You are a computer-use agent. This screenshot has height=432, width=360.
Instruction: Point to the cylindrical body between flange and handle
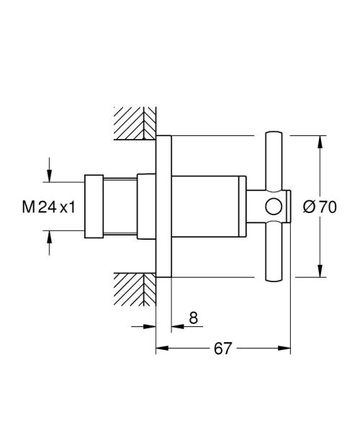tap(209, 207)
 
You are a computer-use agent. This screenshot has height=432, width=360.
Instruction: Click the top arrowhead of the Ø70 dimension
tap(320, 140)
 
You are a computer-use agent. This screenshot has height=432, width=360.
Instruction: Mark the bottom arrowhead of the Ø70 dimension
tap(320, 273)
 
